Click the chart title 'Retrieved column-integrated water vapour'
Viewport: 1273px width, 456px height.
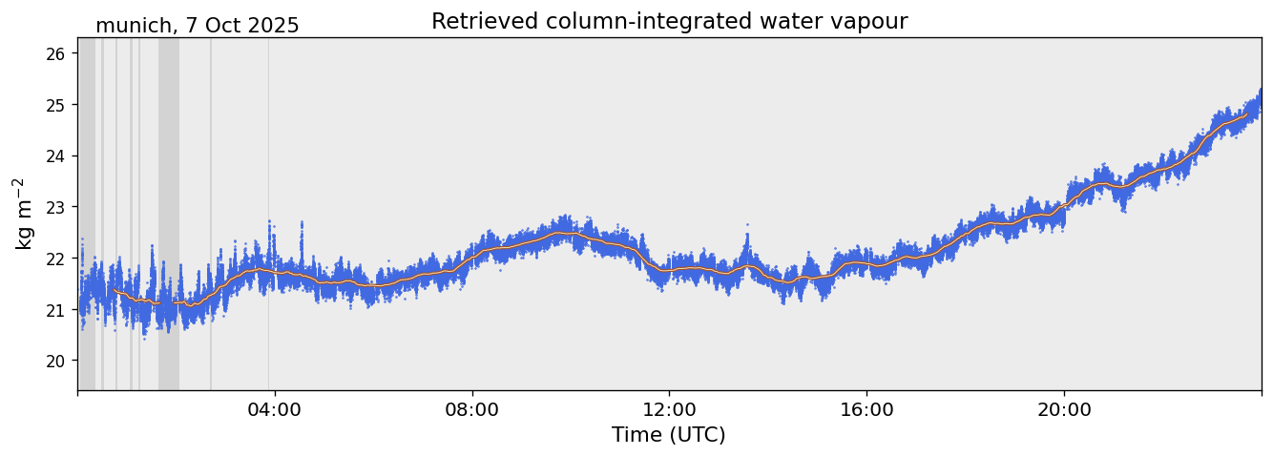pyautogui.click(x=669, y=22)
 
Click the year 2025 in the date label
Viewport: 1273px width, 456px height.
pyautogui.click(x=273, y=26)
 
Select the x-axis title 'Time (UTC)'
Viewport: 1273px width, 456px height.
pyautogui.click(x=669, y=435)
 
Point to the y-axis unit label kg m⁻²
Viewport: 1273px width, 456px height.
pyautogui.click(x=23, y=213)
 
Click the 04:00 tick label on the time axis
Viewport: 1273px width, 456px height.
pyautogui.click(x=275, y=409)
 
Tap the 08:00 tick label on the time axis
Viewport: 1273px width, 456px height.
pyautogui.click(x=472, y=409)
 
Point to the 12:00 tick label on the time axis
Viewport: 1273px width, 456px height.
pyautogui.click(x=670, y=409)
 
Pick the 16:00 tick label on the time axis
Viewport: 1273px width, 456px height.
pyautogui.click(x=866, y=409)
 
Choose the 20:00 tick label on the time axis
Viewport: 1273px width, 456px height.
pyautogui.click(x=1064, y=409)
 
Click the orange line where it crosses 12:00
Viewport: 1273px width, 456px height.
pyautogui.click(x=670, y=270)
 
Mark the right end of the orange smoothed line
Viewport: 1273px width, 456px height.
pyautogui.click(x=1246, y=114)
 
